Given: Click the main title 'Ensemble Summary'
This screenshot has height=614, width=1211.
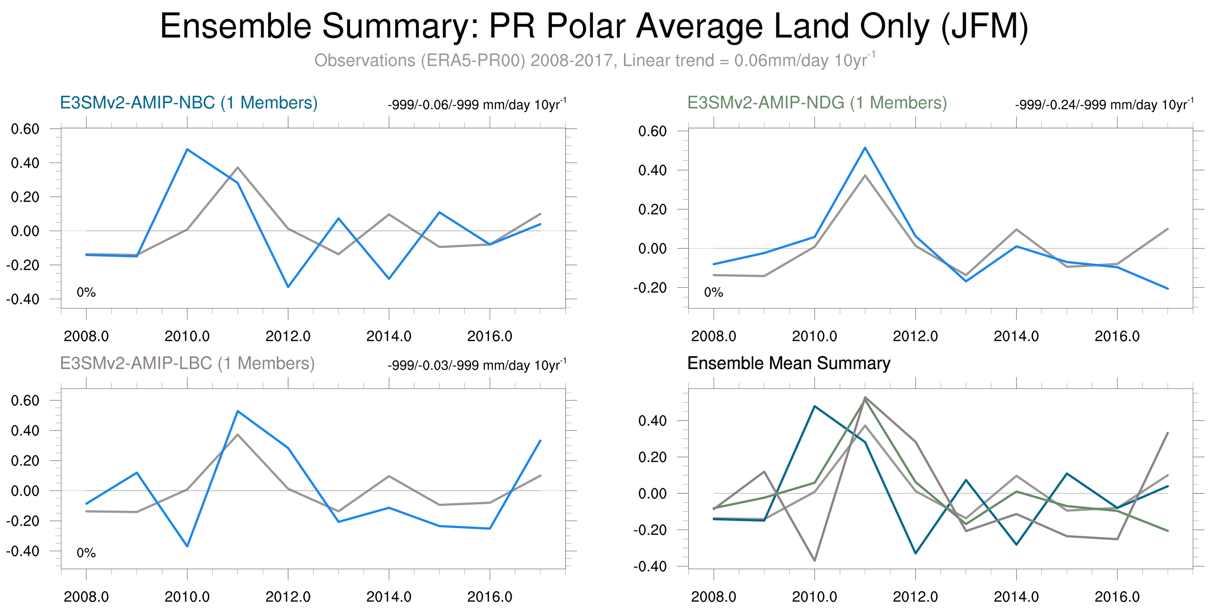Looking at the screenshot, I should click(594, 26).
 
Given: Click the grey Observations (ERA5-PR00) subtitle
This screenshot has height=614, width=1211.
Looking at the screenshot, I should click(594, 61).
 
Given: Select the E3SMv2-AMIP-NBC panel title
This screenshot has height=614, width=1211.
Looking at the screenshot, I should click(189, 103).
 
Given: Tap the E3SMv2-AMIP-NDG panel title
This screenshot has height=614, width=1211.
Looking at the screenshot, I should click(817, 103).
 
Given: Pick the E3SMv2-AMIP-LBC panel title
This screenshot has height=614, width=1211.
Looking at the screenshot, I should click(187, 363).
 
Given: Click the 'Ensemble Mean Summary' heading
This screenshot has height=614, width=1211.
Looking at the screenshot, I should click(788, 363).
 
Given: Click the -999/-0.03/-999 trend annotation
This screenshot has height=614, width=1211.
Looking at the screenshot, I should click(477, 365).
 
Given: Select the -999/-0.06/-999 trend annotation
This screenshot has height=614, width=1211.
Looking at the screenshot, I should click(477, 105).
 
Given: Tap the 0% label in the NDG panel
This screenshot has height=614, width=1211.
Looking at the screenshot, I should click(713, 292).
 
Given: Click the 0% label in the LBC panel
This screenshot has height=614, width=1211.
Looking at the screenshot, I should click(86, 553).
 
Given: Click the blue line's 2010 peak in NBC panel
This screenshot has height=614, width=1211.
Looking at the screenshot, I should click(187, 150).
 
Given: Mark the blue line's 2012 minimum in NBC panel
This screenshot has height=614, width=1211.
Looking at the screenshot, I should click(288, 287).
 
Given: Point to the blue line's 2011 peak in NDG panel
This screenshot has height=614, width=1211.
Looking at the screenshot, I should click(865, 148).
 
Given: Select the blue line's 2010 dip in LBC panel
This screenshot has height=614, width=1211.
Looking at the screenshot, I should click(187, 546).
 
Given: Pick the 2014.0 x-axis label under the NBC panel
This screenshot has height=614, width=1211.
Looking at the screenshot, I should click(389, 336).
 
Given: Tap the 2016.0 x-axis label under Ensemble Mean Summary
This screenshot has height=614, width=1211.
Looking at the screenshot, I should click(1117, 597).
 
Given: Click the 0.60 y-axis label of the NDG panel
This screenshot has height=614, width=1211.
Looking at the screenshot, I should click(652, 131).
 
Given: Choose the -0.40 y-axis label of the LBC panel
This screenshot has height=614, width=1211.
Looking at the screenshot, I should click(23, 551).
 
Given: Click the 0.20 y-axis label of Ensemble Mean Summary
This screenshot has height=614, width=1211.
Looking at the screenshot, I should click(652, 457).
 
